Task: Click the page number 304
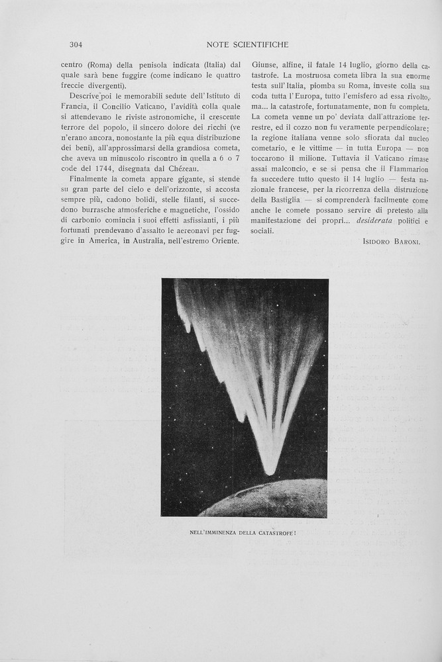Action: pos(75,45)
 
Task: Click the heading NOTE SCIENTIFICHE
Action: pos(247,45)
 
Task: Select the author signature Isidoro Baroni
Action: pos(392,242)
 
